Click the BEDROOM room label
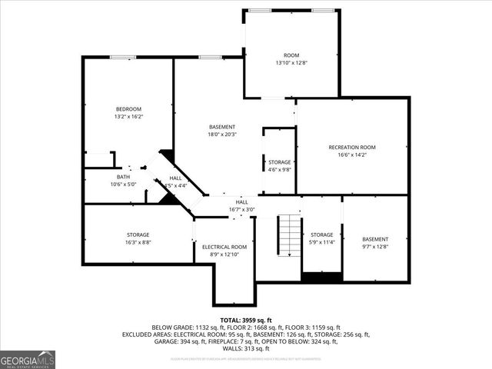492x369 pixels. pyautogui.click(x=128, y=109)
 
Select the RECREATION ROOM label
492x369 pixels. pyautogui.click(x=351, y=147)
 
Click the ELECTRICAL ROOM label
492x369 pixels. pyautogui.click(x=224, y=247)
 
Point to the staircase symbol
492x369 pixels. pyautogui.click(x=288, y=237)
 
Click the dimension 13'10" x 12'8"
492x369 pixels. pyautogui.click(x=291, y=62)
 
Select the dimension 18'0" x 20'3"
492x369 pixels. pyautogui.click(x=222, y=134)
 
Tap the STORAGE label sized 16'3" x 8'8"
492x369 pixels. pyautogui.click(x=138, y=234)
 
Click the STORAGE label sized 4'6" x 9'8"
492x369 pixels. pyautogui.click(x=279, y=162)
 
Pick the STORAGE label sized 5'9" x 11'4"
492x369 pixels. pyautogui.click(x=321, y=234)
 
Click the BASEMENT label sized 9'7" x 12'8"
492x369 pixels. pyautogui.click(x=375, y=239)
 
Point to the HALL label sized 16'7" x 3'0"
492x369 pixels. pyautogui.click(x=241, y=201)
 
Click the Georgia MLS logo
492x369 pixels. pyautogui.click(x=28, y=359)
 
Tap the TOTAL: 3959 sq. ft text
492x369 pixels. pyautogui.click(x=245, y=319)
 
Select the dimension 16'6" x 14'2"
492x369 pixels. pyautogui.click(x=351, y=155)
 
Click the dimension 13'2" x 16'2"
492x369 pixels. pyautogui.click(x=128, y=117)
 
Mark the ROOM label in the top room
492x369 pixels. pyautogui.click(x=291, y=55)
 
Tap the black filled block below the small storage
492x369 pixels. pyautogui.click(x=321, y=278)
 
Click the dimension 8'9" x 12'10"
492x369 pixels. pyautogui.click(x=224, y=254)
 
